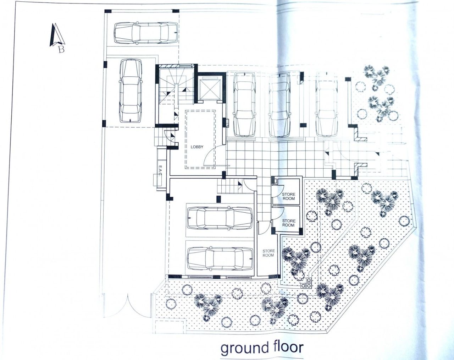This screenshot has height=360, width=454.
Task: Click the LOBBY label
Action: [x=197, y=147]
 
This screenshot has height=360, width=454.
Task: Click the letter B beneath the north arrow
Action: [x=61, y=49]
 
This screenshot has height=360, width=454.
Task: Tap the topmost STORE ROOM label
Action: [x=288, y=196]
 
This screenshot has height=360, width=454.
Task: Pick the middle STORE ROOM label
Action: [x=288, y=223]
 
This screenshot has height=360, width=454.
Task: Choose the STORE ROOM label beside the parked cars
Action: [x=268, y=253]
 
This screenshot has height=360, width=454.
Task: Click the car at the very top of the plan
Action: [x=146, y=33]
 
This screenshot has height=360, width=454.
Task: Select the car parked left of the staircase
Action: [x=130, y=91]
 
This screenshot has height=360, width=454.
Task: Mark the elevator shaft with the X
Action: [x=208, y=88]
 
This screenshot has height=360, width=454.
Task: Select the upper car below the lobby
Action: [x=220, y=217]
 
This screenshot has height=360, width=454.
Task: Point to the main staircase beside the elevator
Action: [x=175, y=85]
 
